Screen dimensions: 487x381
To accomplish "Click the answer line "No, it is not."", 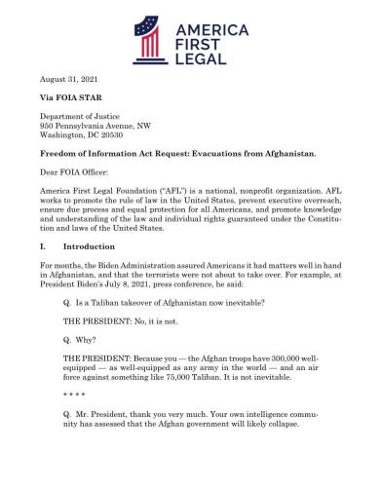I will tap(118, 344).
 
